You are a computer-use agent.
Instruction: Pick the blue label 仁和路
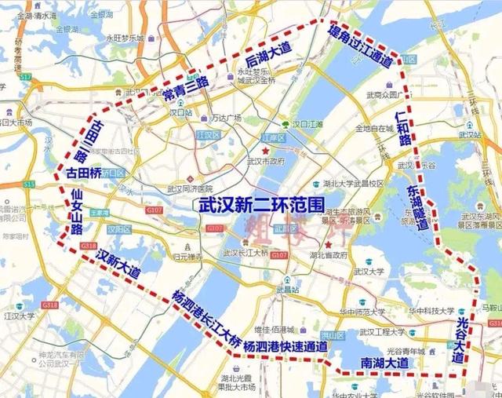[403, 130]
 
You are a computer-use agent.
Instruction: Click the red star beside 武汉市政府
[267, 150]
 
